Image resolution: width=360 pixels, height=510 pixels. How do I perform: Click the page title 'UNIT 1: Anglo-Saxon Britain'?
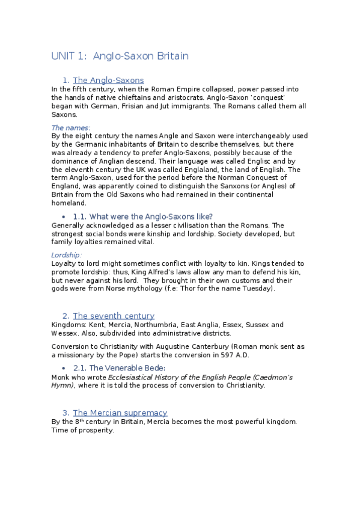[120, 57]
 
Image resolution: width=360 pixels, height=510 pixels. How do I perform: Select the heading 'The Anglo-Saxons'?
[108, 80]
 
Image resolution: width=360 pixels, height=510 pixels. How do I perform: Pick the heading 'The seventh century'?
[114, 316]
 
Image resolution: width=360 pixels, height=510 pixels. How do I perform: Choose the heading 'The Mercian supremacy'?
[120, 413]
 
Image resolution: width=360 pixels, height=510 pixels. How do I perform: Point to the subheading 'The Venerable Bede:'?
[127, 367]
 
